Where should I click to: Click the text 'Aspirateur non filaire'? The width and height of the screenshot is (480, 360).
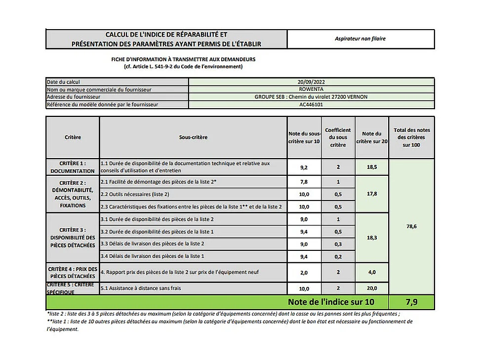(x=360, y=39)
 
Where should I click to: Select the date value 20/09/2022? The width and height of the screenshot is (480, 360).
(x=311, y=81)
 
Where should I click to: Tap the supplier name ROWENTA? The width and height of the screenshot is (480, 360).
(x=311, y=89)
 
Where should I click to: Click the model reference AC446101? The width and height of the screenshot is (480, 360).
(x=311, y=105)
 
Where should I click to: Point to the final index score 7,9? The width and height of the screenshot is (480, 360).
(x=411, y=302)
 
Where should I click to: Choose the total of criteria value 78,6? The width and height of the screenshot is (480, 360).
(x=411, y=226)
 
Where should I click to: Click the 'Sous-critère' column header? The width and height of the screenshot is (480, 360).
(x=193, y=137)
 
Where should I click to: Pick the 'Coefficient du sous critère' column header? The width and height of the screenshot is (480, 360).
(x=338, y=137)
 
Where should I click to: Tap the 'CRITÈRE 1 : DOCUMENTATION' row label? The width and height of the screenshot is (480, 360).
(x=72, y=167)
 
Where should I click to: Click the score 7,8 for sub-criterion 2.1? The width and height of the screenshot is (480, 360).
(x=304, y=182)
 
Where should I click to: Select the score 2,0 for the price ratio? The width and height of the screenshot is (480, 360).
(x=304, y=272)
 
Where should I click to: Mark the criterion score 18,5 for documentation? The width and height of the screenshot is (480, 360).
(x=371, y=167)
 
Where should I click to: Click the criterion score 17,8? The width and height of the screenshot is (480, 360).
(x=371, y=194)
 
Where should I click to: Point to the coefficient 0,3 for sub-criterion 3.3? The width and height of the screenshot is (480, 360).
(x=338, y=244)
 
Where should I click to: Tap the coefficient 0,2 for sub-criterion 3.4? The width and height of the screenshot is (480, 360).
(x=338, y=256)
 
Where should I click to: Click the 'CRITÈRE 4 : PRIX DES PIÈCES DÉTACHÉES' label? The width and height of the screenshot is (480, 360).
(x=72, y=272)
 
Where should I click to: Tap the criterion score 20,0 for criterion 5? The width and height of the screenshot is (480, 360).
(x=371, y=288)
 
